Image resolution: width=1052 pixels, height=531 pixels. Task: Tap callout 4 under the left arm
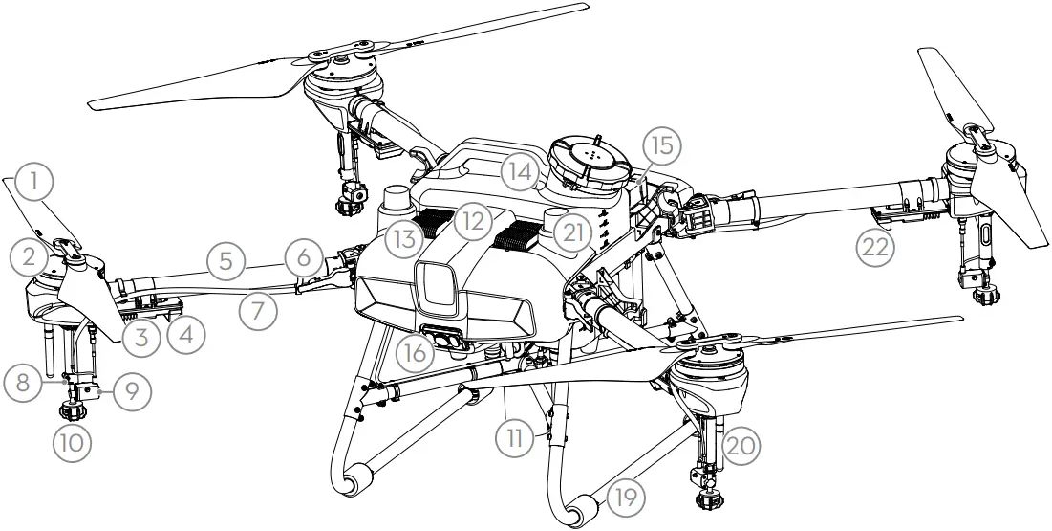click(184, 336)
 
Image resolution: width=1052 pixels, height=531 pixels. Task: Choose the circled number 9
click(131, 391)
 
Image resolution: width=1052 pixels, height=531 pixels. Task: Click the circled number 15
click(662, 146)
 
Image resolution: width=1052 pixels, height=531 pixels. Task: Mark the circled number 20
click(744, 445)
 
